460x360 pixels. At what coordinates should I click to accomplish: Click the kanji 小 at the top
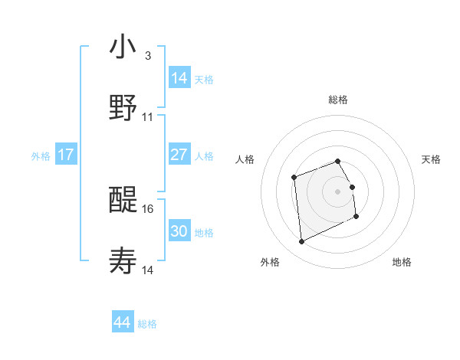click(123, 47)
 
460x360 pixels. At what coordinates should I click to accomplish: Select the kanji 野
click(123, 107)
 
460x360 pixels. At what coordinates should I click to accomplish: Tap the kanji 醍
click(123, 200)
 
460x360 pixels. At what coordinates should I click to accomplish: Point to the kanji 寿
click(123, 260)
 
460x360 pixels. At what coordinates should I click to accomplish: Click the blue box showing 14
click(179, 77)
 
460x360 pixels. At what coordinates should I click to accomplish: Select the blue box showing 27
click(179, 155)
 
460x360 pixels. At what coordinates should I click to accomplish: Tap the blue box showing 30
click(179, 231)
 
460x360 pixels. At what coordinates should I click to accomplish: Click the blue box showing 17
click(66, 155)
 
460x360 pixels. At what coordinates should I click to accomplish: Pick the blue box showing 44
click(123, 322)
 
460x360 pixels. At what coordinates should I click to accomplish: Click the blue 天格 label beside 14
click(204, 79)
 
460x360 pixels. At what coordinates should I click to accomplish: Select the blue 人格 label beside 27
click(204, 155)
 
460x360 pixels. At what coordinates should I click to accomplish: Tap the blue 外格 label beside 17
click(41, 155)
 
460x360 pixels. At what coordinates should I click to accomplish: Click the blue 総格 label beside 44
click(147, 324)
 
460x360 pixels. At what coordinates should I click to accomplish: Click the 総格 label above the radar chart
click(338, 100)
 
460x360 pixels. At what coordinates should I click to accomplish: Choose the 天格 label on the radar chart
click(431, 159)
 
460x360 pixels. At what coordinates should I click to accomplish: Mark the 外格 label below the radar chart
click(270, 262)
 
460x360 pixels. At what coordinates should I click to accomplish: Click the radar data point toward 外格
click(301, 242)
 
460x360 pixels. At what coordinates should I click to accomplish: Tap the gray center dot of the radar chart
click(337, 191)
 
